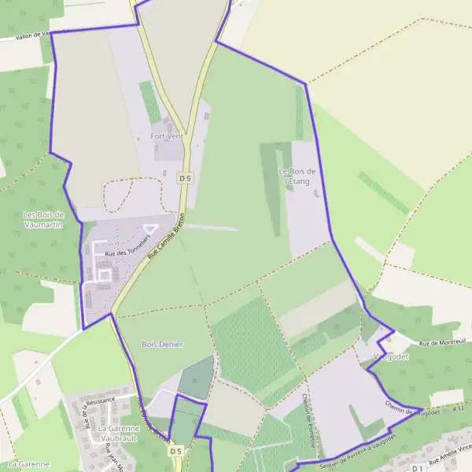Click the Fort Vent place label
166,136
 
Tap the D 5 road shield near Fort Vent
185,179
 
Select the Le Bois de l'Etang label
297,176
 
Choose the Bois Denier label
162,345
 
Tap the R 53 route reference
459,409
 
